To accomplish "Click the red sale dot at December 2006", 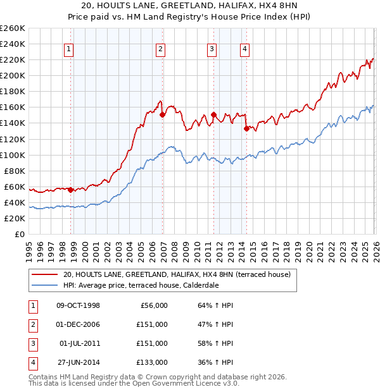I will coord(163,114).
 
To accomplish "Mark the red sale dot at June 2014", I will coord(246,128).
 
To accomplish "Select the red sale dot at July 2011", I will coord(213,114).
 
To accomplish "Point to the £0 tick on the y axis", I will coord(20,234).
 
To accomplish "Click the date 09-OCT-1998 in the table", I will coord(78,305).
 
